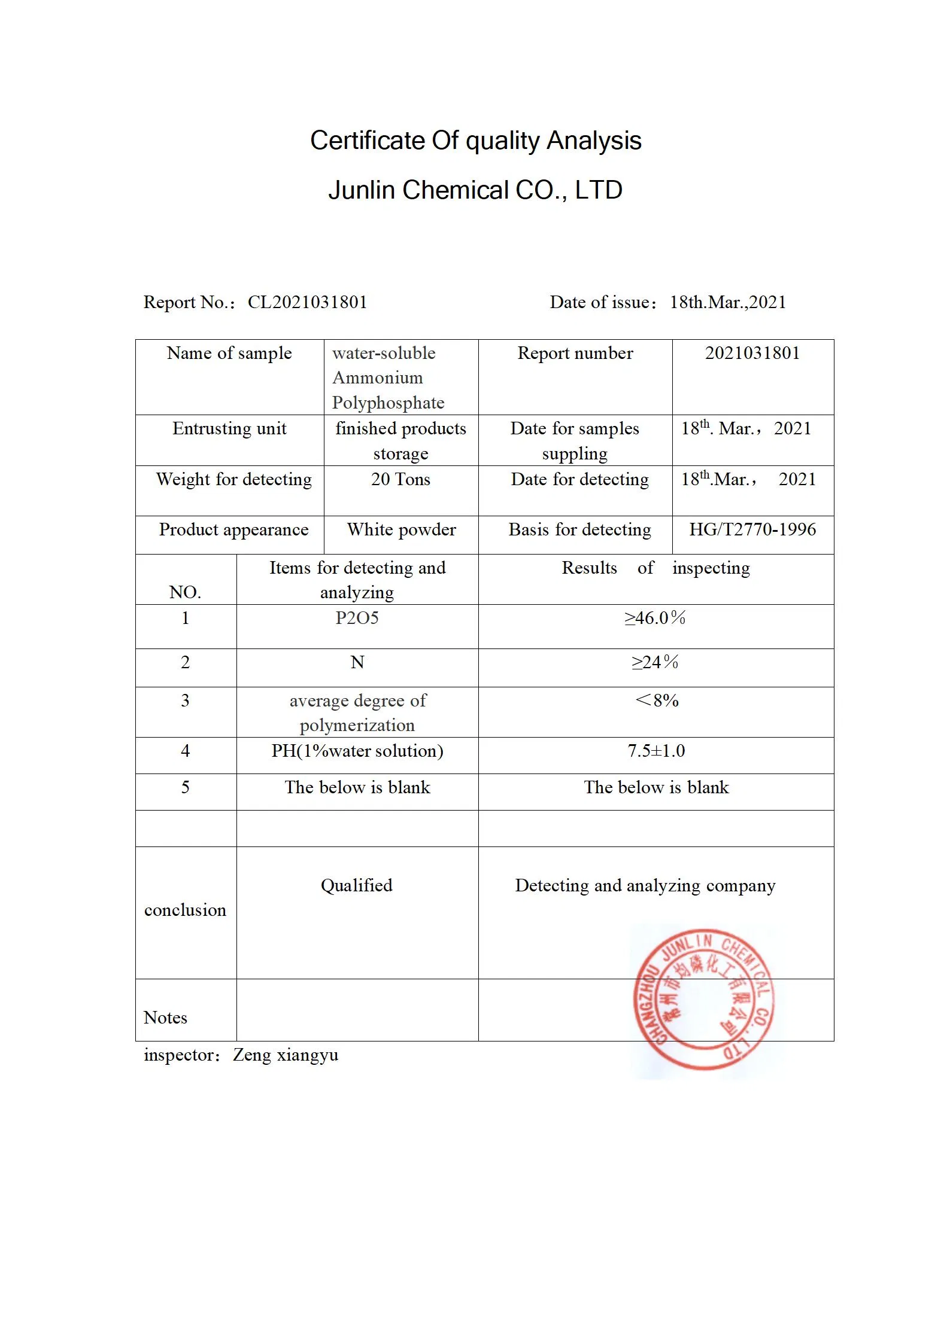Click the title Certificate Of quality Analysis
pyautogui.click(x=475, y=141)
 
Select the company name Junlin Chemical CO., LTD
pyautogui.click(x=475, y=190)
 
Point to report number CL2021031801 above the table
pyautogui.click(x=307, y=302)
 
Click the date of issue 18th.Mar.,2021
pyautogui.click(x=727, y=302)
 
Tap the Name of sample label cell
pyautogui.click(x=229, y=354)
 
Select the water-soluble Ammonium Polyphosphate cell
pyautogui.click(x=388, y=377)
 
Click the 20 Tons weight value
pyautogui.click(x=400, y=480)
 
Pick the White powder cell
pyautogui.click(x=401, y=530)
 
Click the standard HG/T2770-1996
pyautogui.click(x=752, y=530)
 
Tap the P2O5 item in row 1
pyautogui.click(x=357, y=618)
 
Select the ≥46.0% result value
pyautogui.click(x=655, y=618)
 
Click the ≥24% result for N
pyautogui.click(x=655, y=662)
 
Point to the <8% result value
pyautogui.click(x=657, y=701)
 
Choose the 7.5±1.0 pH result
pyautogui.click(x=656, y=751)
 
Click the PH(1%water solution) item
pyautogui.click(x=357, y=751)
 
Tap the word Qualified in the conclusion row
pyautogui.click(x=357, y=885)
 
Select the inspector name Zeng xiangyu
pyautogui.click(x=286, y=1055)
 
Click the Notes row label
pyautogui.click(x=166, y=1018)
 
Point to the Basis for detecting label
pyautogui.click(x=579, y=530)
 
